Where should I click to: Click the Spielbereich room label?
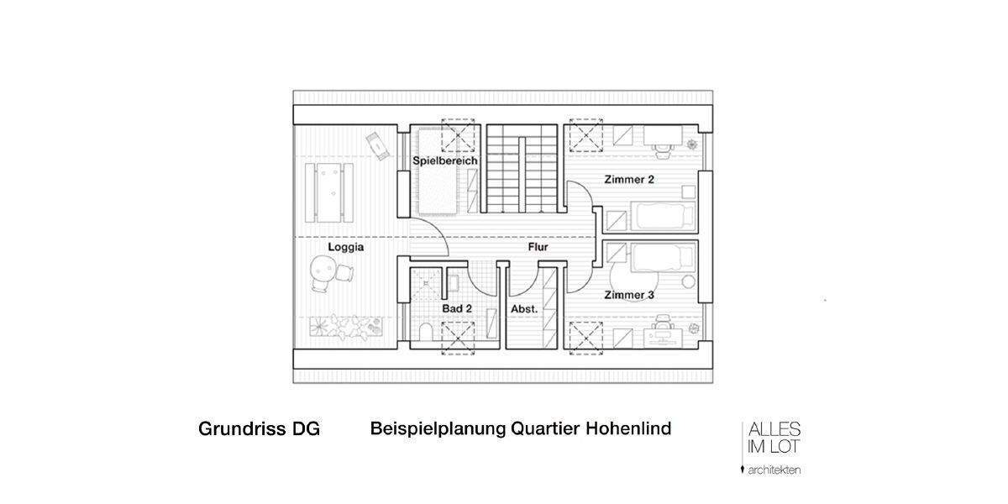click(x=445, y=160)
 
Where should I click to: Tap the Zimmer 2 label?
click(x=629, y=180)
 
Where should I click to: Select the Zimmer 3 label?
click(x=629, y=296)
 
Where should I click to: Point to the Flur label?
click(x=538, y=248)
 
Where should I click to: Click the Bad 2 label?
click(x=457, y=309)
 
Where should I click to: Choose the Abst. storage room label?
click(x=524, y=309)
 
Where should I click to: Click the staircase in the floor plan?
click(x=522, y=168)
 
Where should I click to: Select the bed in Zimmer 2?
click(x=664, y=217)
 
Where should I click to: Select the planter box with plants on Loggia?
click(x=346, y=325)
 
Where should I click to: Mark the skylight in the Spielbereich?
click(x=459, y=136)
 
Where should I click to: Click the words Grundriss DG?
click(x=259, y=429)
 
